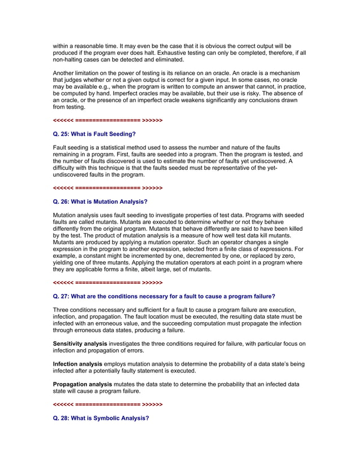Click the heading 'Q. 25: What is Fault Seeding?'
(x=94, y=134)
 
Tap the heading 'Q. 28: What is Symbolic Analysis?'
(x=101, y=418)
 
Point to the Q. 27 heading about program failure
(x=164, y=296)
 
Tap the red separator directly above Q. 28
(x=107, y=405)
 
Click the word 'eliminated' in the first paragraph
(x=168, y=60)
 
